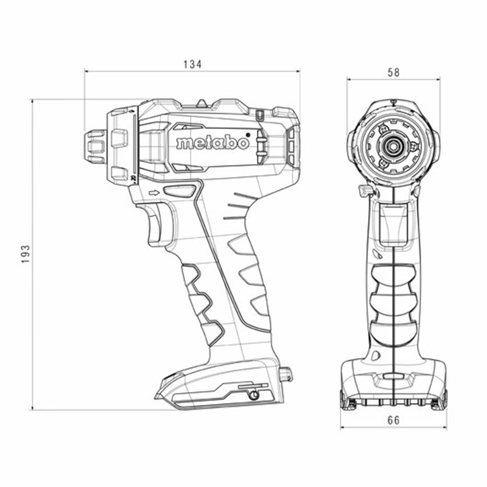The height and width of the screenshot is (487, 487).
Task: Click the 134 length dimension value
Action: click(x=192, y=65)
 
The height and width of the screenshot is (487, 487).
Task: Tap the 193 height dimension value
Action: click(x=26, y=254)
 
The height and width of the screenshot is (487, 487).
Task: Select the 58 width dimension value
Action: click(x=393, y=72)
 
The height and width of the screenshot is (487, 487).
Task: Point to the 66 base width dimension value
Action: click(x=393, y=420)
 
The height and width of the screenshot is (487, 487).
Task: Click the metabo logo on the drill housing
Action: click(x=212, y=142)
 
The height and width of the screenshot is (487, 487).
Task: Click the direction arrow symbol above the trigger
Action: click(x=154, y=193)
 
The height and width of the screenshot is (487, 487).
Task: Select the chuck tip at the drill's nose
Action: click(x=96, y=146)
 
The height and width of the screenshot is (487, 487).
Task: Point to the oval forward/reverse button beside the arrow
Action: click(x=180, y=191)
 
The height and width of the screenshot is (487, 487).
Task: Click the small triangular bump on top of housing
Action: click(x=201, y=103)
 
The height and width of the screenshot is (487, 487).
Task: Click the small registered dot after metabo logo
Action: click(x=248, y=135)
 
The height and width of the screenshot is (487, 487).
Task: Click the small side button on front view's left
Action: click(x=363, y=191)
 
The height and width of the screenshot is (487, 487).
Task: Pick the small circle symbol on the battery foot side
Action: click(x=254, y=395)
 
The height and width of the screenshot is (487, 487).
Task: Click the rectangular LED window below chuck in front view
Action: click(x=393, y=223)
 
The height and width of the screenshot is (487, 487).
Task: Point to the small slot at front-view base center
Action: click(x=393, y=376)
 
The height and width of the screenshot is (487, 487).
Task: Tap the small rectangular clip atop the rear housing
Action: click(x=260, y=116)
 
